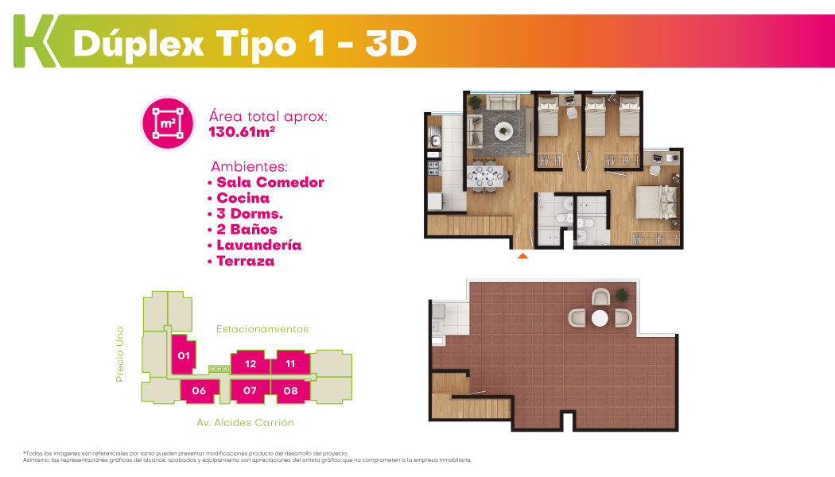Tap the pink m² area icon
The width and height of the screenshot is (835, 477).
click(x=168, y=123)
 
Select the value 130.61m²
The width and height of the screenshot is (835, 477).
click(x=242, y=132)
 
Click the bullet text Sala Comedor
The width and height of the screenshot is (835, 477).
click(x=270, y=182)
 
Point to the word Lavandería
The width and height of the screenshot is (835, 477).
click(x=258, y=245)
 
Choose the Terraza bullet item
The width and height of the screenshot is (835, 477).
click(x=246, y=261)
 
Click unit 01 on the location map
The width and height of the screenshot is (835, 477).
click(x=184, y=355)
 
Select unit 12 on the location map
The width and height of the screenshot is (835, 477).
click(x=250, y=363)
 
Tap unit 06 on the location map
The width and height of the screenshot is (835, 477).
click(x=199, y=391)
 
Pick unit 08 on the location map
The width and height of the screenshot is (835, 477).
click(x=290, y=391)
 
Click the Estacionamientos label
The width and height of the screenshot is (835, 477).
click(x=262, y=329)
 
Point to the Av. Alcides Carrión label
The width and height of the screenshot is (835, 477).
click(x=246, y=423)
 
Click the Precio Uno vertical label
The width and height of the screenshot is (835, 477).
click(x=120, y=354)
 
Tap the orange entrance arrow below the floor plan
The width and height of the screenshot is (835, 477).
click(x=523, y=256)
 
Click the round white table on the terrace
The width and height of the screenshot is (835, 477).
click(x=600, y=318)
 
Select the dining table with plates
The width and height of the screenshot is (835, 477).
click(x=485, y=176)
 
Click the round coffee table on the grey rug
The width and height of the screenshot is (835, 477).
click(x=503, y=130)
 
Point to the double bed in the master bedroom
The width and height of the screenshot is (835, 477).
click(x=657, y=202)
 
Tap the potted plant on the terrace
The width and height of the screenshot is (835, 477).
click(x=621, y=294)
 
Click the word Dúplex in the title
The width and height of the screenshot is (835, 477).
click(x=138, y=44)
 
